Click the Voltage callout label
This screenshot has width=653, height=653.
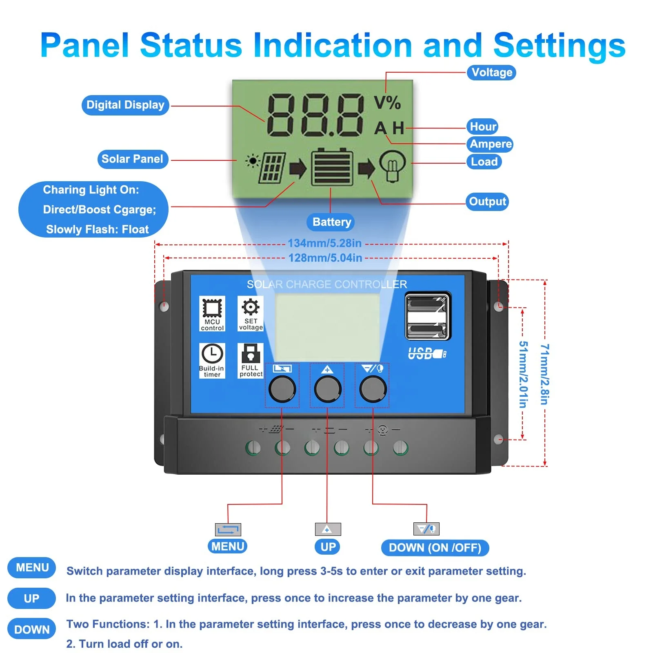[491, 73]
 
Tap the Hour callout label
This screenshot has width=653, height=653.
[482, 127]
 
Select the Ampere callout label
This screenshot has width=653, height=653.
[490, 144]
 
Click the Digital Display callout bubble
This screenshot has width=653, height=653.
[125, 105]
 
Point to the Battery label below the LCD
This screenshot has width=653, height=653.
[331, 222]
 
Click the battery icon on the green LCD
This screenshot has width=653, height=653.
[332, 167]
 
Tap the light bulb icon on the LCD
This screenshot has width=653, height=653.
[392, 166]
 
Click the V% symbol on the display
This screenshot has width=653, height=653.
[387, 102]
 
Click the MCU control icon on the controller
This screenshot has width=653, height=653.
[212, 313]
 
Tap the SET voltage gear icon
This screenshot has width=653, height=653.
[251, 313]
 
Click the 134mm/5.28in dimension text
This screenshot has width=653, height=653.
[324, 243]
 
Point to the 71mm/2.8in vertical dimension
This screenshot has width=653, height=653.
[544, 374]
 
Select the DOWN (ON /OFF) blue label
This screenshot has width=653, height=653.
[435, 548]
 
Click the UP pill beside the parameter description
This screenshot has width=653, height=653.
[31, 599]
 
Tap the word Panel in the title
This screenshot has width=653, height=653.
[85, 45]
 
